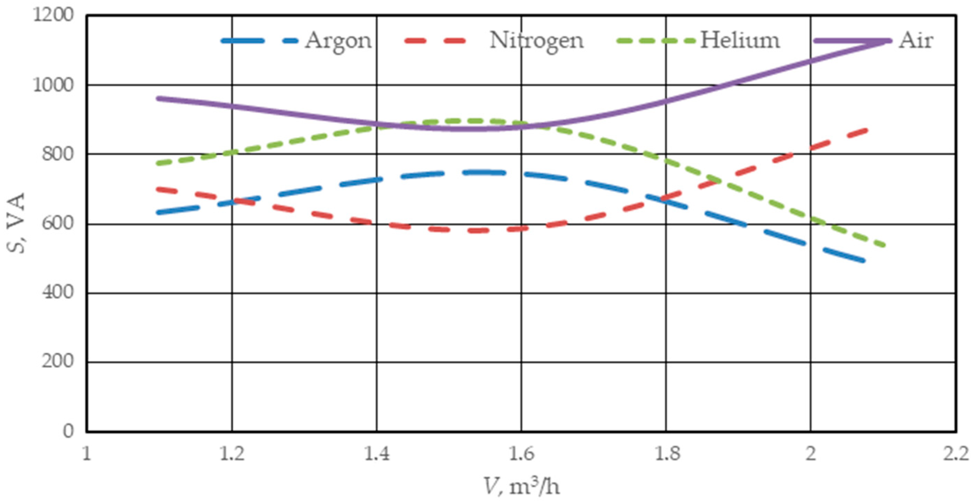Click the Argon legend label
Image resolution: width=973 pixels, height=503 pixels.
point(338,41)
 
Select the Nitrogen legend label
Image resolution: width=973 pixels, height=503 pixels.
point(536,41)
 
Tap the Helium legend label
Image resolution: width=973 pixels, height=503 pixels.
point(739,40)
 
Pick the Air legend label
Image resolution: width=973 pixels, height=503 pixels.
point(916,40)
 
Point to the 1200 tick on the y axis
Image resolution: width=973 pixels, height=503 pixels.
point(53,16)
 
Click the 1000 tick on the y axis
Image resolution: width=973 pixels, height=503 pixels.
point(53,85)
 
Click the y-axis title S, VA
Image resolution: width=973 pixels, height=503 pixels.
point(17,223)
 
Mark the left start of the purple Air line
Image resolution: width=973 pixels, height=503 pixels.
point(159,98)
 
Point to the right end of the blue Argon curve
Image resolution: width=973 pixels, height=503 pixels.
point(863,261)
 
